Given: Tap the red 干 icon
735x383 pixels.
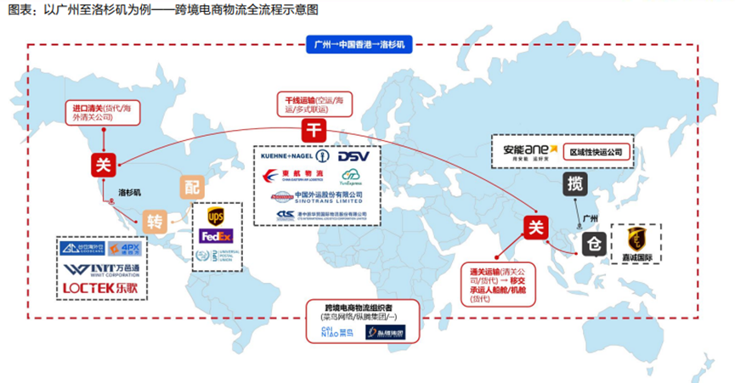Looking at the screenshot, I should [x=314, y=129].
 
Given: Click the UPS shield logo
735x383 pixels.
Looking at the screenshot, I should [x=216, y=216].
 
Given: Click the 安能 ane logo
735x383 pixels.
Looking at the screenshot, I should [x=529, y=151].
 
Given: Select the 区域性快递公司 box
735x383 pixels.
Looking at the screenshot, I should [x=596, y=152].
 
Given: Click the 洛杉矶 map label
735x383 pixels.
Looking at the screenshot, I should [x=129, y=192].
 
